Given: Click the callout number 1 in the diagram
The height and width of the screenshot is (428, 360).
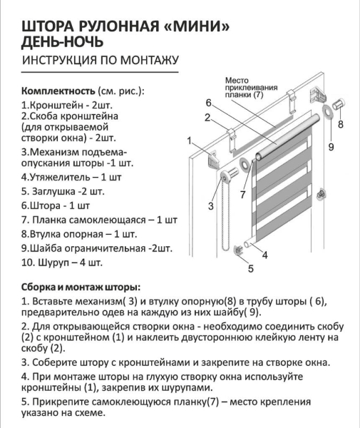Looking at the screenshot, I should (x=190, y=141).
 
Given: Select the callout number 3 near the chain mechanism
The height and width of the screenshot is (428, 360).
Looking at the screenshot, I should (x=211, y=206).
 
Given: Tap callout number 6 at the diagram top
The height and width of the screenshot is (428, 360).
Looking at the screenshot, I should (x=210, y=101).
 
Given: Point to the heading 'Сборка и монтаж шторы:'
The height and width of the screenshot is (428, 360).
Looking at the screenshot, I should (x=81, y=286).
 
